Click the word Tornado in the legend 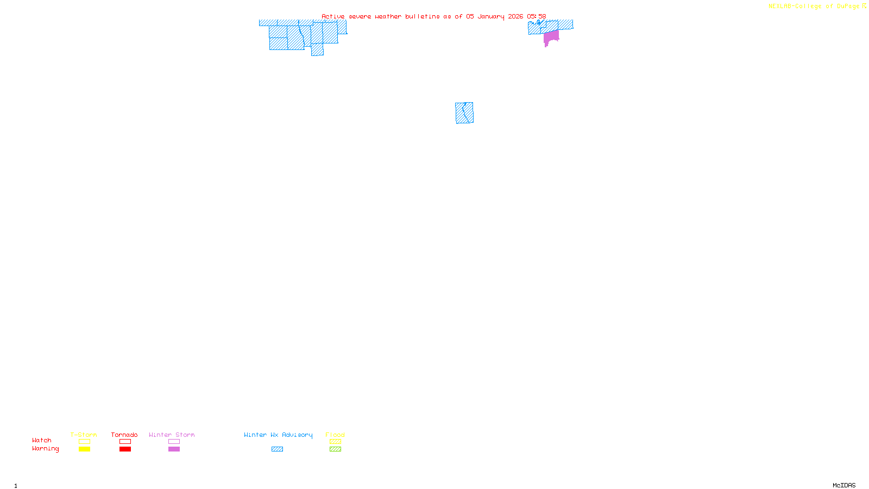124,435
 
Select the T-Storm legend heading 84,435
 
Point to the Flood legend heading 335,435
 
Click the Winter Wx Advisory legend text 278,435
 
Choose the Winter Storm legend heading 172,435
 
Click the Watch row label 42,441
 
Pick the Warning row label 45,449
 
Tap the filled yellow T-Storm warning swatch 84,449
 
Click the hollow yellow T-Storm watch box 84,442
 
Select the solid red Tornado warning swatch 125,449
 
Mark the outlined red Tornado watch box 125,442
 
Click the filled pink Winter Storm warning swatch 174,449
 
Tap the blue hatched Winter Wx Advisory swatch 277,449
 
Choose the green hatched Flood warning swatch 335,449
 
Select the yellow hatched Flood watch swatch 335,442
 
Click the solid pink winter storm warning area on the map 551,37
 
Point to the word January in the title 490,17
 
